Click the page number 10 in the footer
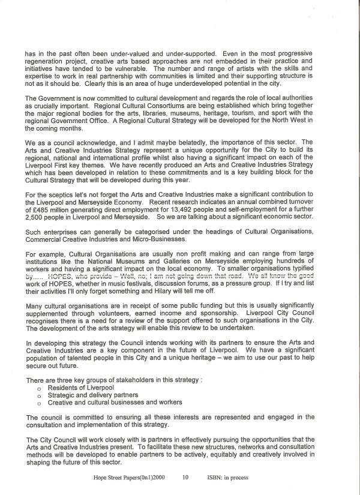point(185,478)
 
